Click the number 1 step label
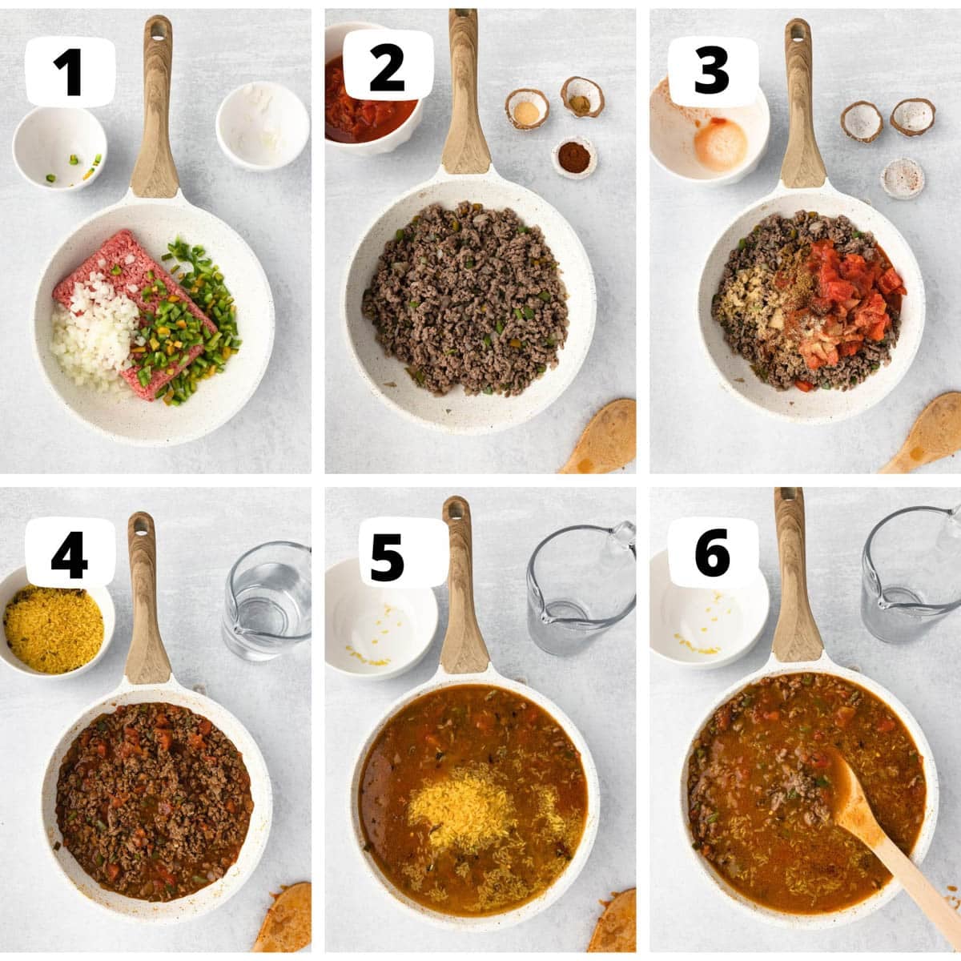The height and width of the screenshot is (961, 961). point(70,72)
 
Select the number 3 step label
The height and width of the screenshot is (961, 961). point(712,71)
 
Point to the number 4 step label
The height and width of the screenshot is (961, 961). point(70,553)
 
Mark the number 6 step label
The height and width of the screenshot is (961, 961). point(713,553)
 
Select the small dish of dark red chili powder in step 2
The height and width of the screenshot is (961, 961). point(574,158)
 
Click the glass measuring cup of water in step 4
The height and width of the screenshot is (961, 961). point(268,601)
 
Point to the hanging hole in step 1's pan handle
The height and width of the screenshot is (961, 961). point(157,30)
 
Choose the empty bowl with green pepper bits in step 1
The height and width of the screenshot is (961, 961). point(59,148)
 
